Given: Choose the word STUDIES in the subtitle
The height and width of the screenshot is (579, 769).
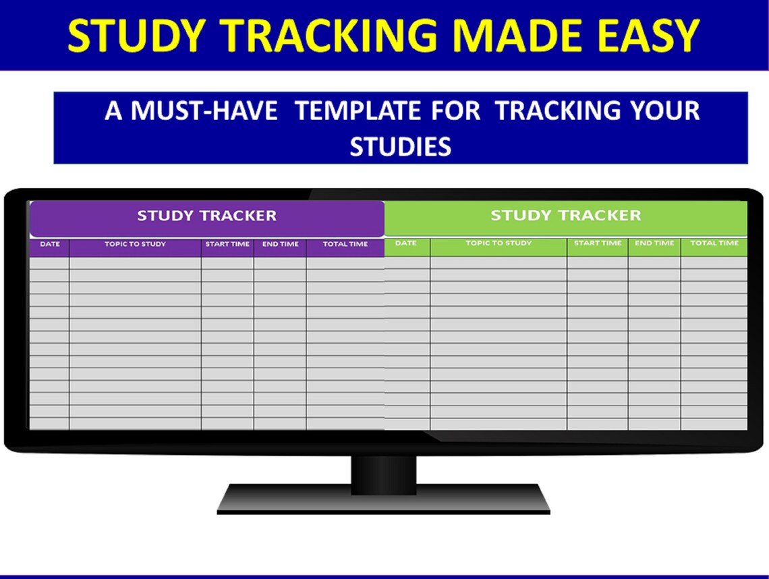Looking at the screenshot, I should [400, 147].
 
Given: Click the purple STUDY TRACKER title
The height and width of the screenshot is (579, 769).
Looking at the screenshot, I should [206, 216].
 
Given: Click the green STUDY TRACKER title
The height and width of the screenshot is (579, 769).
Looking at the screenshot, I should [565, 216].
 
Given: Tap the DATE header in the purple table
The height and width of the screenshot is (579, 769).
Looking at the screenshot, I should [49, 244].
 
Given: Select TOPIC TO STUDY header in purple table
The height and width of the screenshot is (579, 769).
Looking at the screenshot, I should [135, 244].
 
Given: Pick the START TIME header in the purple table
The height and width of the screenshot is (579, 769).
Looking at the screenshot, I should [227, 244].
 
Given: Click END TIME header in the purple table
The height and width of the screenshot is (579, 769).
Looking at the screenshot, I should [280, 244].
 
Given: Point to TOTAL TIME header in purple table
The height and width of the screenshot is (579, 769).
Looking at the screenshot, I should [345, 244].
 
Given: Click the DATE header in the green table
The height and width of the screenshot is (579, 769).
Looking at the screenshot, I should [405, 243].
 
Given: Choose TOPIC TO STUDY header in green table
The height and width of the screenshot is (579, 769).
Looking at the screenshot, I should [499, 243].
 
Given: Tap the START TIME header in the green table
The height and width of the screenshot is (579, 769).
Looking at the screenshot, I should [598, 243].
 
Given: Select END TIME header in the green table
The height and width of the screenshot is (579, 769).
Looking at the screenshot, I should [654, 243].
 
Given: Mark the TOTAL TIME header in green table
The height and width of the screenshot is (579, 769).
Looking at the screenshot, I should [714, 243].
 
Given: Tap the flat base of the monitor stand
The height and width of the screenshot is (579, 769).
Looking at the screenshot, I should [383, 500].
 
